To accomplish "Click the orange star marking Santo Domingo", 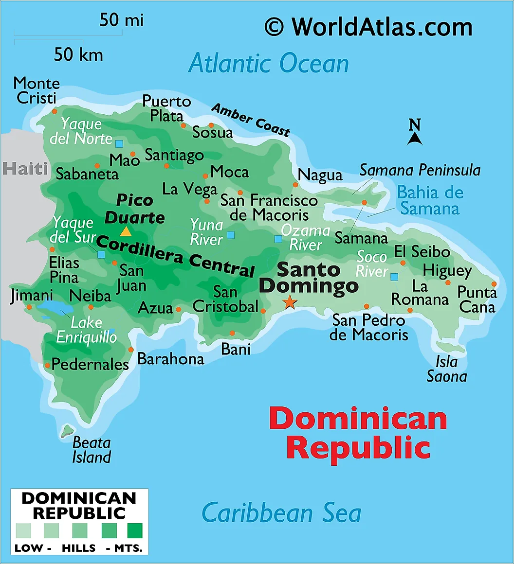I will coord(290,302).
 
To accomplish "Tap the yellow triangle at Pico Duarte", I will coord(126,231).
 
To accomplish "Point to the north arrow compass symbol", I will coord(415,134).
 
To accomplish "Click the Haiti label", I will coord(25,169).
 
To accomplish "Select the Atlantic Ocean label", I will coord(269,64).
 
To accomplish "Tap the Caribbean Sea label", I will coord(281,513).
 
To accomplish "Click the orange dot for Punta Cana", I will coord(494,284).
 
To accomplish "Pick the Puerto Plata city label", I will coord(166,108).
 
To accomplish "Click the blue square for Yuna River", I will coord(231,235).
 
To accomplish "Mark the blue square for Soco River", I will coord(394,277).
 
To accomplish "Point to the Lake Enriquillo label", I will coord(87,330).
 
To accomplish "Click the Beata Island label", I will coord(92,450).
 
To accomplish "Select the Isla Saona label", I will coord(447,369).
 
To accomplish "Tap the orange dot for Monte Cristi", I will coord(55,111).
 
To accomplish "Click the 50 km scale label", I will coord(78,54).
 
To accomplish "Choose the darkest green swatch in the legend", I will coord(135,529).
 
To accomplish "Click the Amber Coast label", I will coord(251,120).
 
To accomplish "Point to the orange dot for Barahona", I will coord(131,350).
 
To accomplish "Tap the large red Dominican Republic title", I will coord(358,433).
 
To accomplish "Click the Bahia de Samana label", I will coord(430,200).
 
